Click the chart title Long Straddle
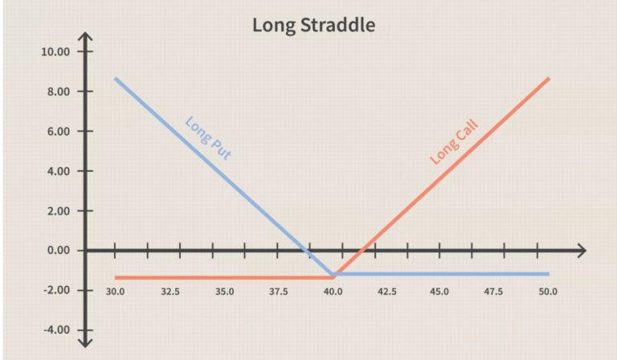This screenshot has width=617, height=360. pyautogui.click(x=313, y=25)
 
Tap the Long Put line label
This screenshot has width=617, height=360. pyautogui.click(x=208, y=137)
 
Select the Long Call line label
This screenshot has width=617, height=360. pyautogui.click(x=454, y=141)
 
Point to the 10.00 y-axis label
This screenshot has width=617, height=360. pyautogui.click(x=55, y=51)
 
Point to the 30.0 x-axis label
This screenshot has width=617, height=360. pyautogui.click(x=116, y=292)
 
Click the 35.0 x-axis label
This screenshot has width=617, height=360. pyautogui.click(x=225, y=292)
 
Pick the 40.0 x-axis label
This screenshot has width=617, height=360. pyautogui.click(x=333, y=292)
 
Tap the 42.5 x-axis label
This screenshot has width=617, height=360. pyautogui.click(x=387, y=292)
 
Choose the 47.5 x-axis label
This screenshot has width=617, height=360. pyautogui.click(x=493, y=292)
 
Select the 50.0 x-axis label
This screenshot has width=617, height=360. pyautogui.click(x=548, y=292)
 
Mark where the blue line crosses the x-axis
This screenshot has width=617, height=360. pyautogui.click(x=308, y=250)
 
